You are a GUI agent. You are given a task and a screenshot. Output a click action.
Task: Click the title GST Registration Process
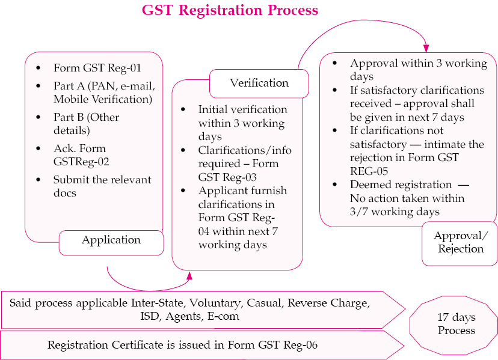230,10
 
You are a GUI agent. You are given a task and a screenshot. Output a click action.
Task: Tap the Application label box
111,243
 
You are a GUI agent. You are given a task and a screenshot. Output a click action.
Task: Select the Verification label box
259,84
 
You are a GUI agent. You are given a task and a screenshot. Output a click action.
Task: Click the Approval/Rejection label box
460,243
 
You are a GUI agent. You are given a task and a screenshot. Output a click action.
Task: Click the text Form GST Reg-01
97,68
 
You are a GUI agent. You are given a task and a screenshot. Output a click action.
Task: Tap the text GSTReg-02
81,162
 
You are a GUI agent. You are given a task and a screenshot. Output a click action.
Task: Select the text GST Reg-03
227,177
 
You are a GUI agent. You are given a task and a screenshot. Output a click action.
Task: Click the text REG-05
369,171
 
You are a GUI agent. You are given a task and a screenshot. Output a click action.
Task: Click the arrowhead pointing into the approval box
426,48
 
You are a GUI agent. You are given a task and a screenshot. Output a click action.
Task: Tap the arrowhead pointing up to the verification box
189,275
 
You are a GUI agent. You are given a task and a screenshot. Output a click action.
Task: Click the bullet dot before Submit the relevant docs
38,180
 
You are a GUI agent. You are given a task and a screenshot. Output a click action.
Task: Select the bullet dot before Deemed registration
335,185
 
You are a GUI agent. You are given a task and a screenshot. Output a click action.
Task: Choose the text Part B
69,117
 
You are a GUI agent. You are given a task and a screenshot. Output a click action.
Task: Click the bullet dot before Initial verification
183,109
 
